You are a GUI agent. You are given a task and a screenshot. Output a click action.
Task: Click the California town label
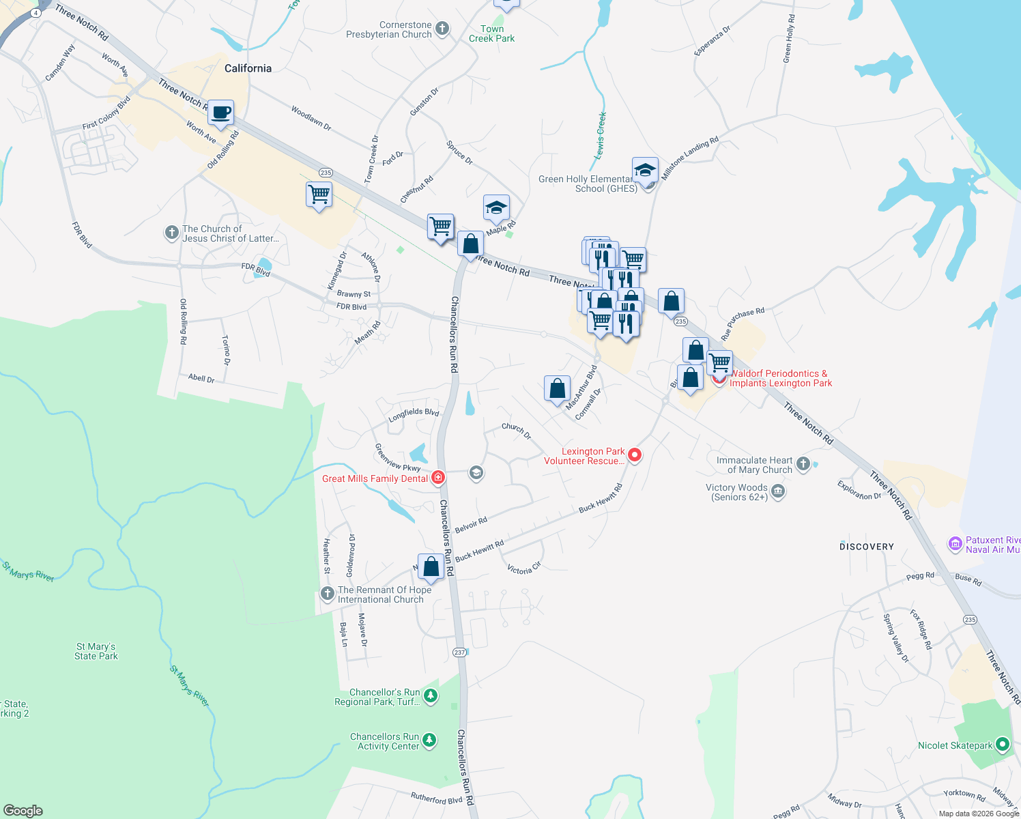[248, 68]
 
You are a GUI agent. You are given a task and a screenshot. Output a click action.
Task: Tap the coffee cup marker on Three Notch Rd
[220, 113]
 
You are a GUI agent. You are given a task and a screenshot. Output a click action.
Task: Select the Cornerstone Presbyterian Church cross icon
[442, 29]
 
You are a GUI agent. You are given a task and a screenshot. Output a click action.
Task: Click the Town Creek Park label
[491, 33]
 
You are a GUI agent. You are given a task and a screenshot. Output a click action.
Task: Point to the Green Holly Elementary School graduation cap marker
[644, 171]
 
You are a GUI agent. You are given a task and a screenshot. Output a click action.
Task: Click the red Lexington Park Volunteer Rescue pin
[635, 455]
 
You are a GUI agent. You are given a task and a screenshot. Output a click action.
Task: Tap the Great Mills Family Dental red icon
[438, 478]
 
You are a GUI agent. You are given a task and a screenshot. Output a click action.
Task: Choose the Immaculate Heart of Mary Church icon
[803, 464]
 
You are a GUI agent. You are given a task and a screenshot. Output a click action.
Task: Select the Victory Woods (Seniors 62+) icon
[778, 491]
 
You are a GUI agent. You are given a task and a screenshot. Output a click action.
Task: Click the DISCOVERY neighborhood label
[866, 547]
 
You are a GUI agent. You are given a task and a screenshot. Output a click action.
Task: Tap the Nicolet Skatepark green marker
[1003, 745]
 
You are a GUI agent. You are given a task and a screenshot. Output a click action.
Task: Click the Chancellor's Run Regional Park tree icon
[430, 696]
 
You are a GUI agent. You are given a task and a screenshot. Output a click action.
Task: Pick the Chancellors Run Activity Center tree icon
[429, 741]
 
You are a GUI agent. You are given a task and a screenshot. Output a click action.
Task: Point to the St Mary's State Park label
[96, 651]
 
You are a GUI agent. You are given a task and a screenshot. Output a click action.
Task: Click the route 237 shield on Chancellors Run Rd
[459, 652]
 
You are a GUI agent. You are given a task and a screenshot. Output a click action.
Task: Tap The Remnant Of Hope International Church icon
[328, 593]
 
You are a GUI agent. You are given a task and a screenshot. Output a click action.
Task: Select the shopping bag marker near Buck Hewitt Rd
[431, 566]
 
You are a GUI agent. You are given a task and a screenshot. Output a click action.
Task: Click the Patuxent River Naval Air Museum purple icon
[955, 544]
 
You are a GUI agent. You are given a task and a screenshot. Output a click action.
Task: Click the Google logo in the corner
[23, 811]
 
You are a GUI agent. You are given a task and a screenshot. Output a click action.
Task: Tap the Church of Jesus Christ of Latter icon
[172, 233]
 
